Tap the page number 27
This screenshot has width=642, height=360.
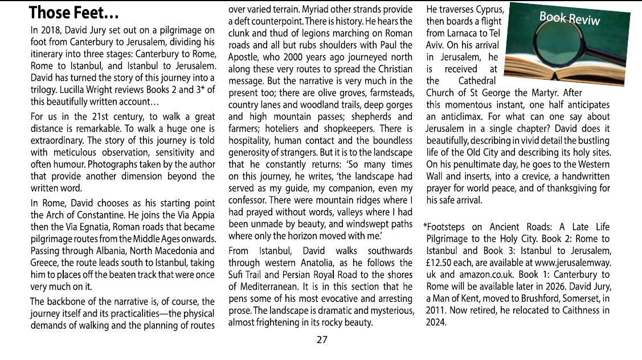[x=322, y=340]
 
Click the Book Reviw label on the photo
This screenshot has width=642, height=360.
[x=569, y=18]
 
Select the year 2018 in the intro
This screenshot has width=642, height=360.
[x=49, y=30]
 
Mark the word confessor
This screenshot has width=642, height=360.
[x=250, y=200]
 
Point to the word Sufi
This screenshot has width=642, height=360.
[x=237, y=275]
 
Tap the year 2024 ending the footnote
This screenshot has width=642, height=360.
[x=436, y=322]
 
